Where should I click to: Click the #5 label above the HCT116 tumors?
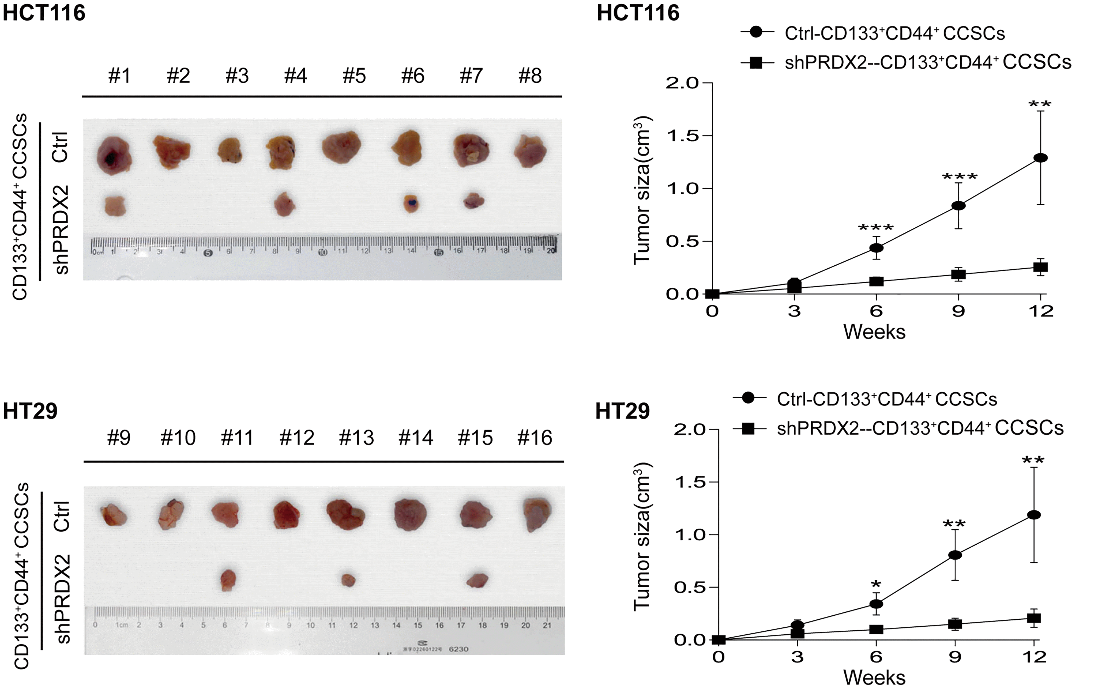[x=354, y=76]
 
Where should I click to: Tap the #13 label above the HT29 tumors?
[x=356, y=438]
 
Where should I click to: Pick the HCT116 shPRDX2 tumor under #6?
[x=411, y=203]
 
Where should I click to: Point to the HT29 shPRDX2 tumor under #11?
[x=228, y=580]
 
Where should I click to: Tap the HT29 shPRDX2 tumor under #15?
[x=477, y=580]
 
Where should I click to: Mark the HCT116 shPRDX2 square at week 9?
[x=958, y=274]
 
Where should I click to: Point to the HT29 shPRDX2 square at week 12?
[x=1034, y=618]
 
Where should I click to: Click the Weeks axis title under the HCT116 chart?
[x=874, y=332]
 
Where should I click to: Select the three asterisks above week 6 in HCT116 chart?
[x=876, y=228]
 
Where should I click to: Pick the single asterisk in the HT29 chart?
[x=875, y=584]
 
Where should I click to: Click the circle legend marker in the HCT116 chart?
[x=757, y=32]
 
